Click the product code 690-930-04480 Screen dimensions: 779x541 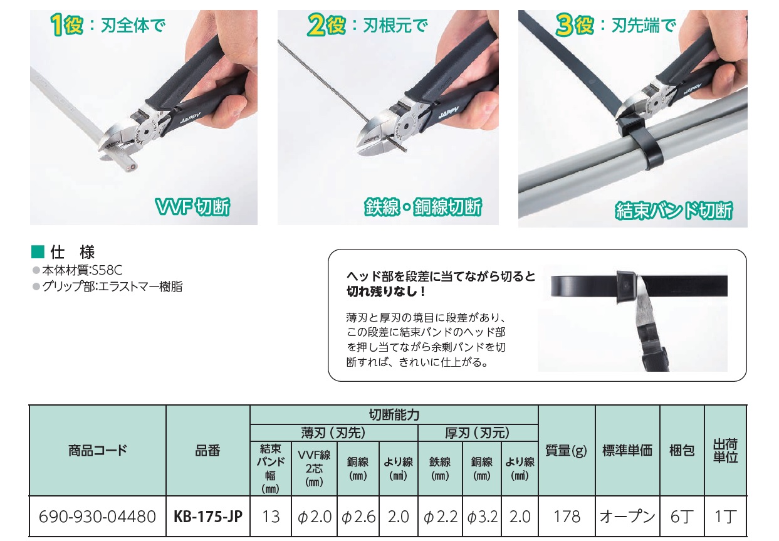click(97, 517)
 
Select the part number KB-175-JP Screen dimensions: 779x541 click(208, 517)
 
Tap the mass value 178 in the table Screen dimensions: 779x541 click(567, 517)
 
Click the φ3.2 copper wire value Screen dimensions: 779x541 click(483, 517)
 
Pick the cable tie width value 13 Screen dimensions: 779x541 click(271, 517)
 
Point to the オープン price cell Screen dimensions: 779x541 click(627, 517)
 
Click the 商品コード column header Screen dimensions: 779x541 click(98, 450)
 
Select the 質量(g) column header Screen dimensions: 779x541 click(566, 451)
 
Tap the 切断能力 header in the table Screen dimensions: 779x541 click(394, 415)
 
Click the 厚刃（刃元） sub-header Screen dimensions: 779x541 click(478, 433)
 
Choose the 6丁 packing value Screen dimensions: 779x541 click(682, 517)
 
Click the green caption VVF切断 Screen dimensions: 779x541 click(192, 207)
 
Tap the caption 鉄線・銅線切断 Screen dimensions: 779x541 click(423, 207)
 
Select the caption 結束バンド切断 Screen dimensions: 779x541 click(674, 211)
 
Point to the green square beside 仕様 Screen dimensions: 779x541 click(38, 251)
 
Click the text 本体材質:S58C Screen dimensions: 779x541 click(83, 270)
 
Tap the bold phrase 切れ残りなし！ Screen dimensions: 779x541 click(385, 292)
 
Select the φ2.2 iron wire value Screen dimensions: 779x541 click(441, 517)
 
